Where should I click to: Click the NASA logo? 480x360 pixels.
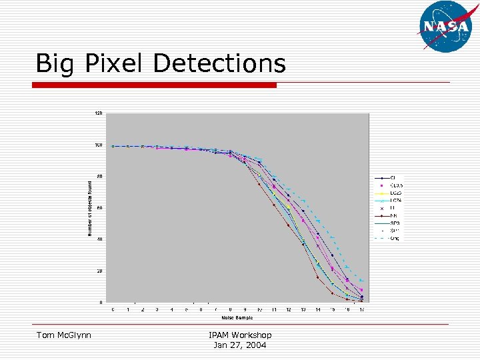(446, 26)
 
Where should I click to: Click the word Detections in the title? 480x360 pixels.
(219, 64)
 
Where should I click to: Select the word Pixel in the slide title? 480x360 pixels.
(114, 64)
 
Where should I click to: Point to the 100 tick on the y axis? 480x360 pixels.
(98, 145)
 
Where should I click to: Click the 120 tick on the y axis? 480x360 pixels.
(98, 113)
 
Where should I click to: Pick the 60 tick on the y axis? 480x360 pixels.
(99, 208)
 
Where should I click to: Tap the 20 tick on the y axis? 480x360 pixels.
(99, 271)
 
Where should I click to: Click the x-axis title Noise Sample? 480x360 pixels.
(237, 317)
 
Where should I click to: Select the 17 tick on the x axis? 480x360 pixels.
(361, 309)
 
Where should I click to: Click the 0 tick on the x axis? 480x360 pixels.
(113, 309)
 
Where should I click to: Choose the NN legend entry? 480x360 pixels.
(393, 215)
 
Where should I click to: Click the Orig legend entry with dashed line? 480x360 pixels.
(393, 238)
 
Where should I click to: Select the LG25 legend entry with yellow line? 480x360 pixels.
(395, 192)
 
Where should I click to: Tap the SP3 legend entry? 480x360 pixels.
(393, 223)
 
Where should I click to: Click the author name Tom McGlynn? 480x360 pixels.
(64, 335)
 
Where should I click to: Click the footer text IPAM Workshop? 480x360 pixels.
(240, 335)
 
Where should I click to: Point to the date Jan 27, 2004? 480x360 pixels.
(240, 345)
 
